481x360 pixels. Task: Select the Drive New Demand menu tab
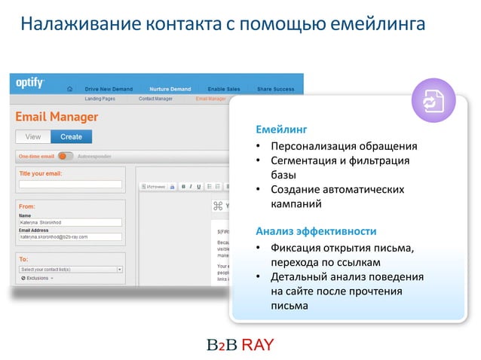pos(109,89)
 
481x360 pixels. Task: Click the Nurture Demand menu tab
pos(170,89)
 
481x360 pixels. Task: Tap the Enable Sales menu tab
pos(223,89)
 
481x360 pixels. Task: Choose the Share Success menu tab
pos(275,89)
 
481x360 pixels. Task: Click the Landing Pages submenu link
pos(100,98)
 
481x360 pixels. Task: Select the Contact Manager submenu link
pos(155,98)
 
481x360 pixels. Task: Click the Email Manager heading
pos(57,117)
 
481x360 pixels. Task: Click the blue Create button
pos(71,137)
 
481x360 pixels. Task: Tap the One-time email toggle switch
pos(66,157)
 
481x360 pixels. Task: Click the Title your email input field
pos(70,184)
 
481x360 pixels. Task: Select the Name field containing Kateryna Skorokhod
pos(70,222)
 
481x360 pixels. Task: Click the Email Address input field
pos(70,236)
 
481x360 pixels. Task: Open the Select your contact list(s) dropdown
pos(71,269)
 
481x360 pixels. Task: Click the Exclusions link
pos(41,278)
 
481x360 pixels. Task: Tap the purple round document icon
pos(433,103)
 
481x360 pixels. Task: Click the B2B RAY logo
pos(240,345)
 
